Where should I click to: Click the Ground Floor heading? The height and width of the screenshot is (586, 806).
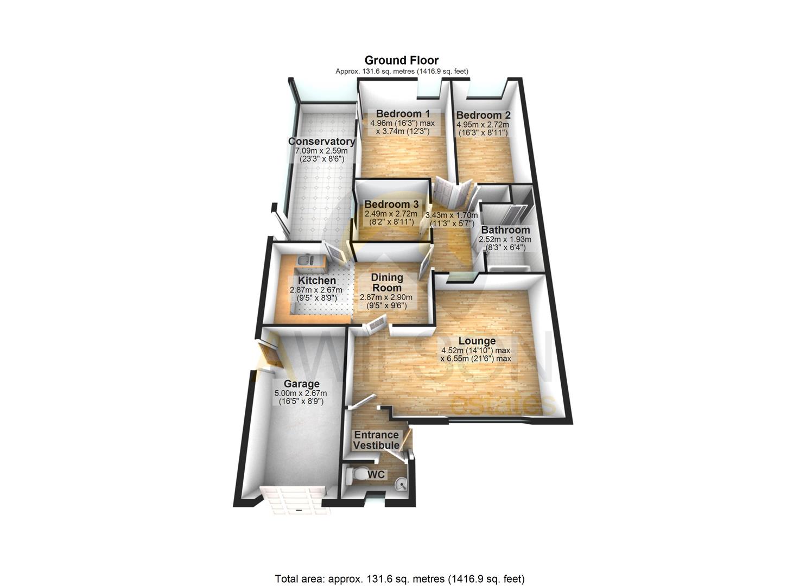tap(401, 60)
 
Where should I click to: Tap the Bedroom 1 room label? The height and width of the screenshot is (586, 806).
tap(403, 114)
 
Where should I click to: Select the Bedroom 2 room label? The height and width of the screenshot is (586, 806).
tap(483, 115)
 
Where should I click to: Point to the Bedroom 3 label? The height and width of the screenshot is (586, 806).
tap(391, 205)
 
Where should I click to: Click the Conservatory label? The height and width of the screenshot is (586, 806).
tap(321, 142)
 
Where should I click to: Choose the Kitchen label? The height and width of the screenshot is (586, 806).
tap(317, 281)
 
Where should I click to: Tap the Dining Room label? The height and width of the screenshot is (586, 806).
tap(386, 282)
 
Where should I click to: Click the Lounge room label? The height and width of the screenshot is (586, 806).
tap(477, 341)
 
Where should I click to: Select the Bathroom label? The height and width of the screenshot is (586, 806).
tap(505, 230)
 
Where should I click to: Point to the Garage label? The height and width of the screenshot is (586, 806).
tap(301, 384)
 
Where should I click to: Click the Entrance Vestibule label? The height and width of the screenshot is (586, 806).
tap(377, 440)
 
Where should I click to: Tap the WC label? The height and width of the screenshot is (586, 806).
tap(376, 475)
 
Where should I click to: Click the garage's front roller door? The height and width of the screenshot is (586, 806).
tap(293, 500)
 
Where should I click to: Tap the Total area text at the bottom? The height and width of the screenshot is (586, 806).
tap(399, 579)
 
